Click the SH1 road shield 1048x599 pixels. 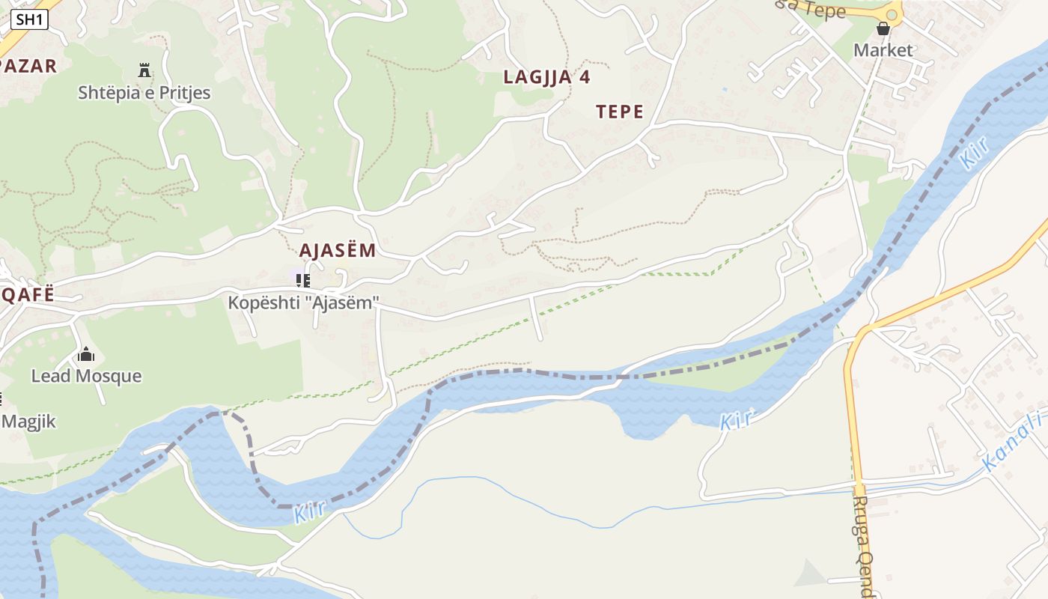point(29,19)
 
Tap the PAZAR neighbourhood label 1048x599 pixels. point(28,66)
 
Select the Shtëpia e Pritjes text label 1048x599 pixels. point(144,93)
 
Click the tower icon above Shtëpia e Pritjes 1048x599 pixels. point(144,71)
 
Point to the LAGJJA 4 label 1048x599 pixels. point(546,76)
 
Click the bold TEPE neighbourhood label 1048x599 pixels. point(620,112)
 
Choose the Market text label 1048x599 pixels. point(883,50)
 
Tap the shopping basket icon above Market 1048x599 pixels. point(883,29)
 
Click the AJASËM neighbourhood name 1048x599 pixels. point(337,250)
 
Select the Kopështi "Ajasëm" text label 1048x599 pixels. point(304,303)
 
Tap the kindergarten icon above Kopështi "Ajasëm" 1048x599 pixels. point(303,281)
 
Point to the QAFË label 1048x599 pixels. point(28,294)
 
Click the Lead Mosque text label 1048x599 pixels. point(86,376)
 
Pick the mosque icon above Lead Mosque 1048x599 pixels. point(86,354)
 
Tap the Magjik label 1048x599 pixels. point(28,421)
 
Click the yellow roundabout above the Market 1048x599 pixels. point(892,13)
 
